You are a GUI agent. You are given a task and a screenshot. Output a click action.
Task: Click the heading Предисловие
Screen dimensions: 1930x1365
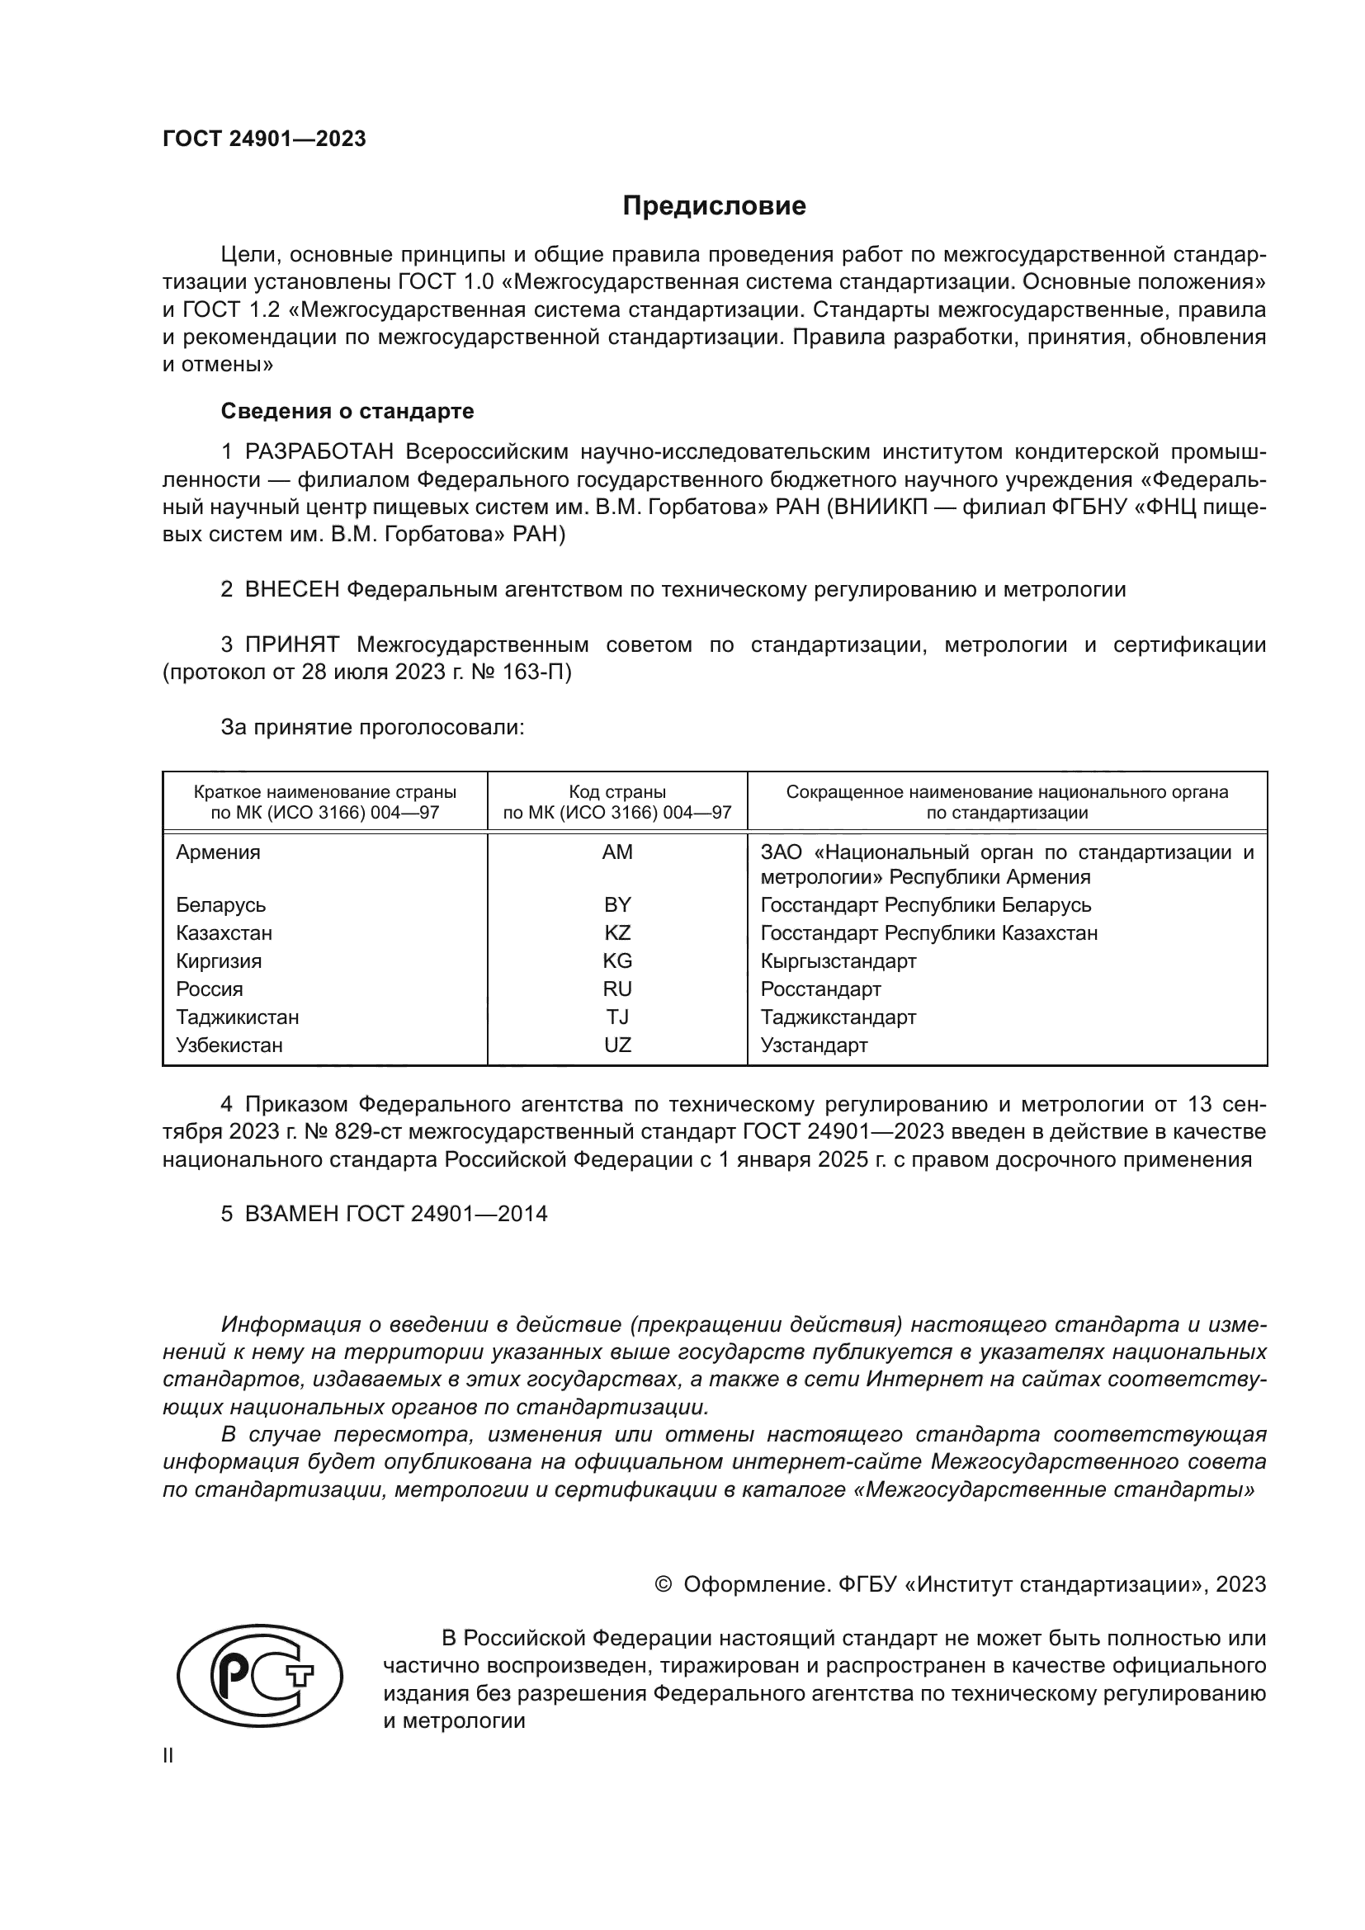point(714,206)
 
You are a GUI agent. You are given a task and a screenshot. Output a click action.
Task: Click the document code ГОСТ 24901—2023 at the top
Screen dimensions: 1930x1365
point(264,139)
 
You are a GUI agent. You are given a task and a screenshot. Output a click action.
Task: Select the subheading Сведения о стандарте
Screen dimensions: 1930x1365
point(347,411)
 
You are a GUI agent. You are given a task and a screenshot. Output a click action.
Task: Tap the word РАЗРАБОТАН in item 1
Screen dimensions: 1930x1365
point(319,452)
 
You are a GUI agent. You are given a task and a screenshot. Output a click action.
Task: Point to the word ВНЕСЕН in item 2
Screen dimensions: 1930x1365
point(291,589)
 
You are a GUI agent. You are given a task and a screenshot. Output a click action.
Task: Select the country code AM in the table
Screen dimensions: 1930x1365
point(617,852)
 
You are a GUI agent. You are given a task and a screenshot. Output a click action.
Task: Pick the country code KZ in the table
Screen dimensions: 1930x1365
point(617,933)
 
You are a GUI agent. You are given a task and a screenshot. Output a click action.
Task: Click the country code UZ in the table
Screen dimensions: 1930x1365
point(617,1045)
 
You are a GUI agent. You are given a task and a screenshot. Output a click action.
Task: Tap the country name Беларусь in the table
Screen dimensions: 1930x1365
point(220,905)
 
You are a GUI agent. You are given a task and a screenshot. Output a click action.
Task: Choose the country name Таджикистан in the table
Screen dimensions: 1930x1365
point(237,1017)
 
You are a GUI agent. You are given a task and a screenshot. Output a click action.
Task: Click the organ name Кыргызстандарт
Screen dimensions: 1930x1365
point(838,960)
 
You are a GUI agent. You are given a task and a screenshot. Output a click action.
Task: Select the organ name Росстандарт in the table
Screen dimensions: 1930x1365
point(820,989)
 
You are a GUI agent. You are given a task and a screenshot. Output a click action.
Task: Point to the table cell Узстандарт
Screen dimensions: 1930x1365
point(814,1045)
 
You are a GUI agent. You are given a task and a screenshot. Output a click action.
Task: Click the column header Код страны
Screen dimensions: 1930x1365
point(617,792)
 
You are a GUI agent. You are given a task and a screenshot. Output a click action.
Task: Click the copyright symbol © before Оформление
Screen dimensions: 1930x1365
point(664,1584)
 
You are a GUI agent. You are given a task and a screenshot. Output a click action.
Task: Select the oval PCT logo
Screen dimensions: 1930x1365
point(260,1675)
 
